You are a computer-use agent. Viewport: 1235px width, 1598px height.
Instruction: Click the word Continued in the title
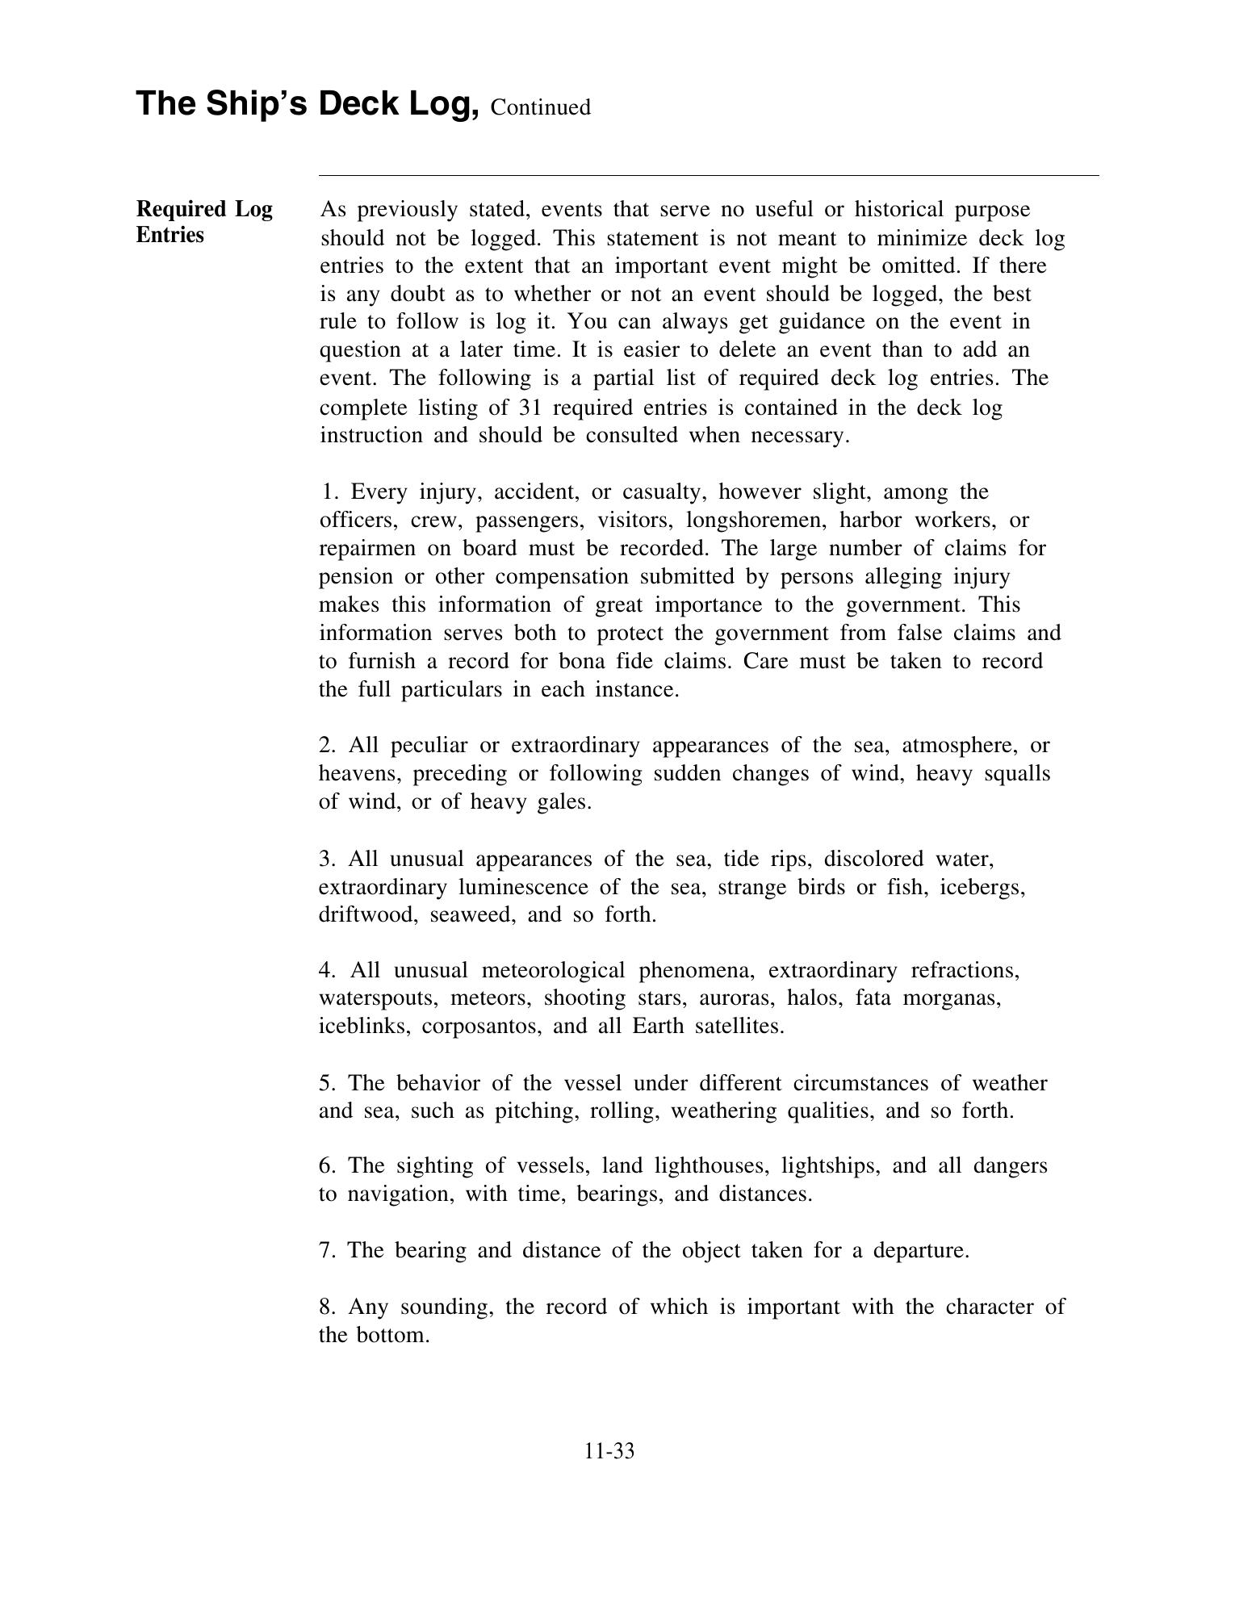pos(540,107)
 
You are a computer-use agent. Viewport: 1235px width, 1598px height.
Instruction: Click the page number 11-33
pos(609,1451)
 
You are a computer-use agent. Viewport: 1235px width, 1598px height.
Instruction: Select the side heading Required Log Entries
pos(204,222)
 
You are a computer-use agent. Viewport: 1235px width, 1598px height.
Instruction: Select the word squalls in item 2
pos(1018,773)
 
